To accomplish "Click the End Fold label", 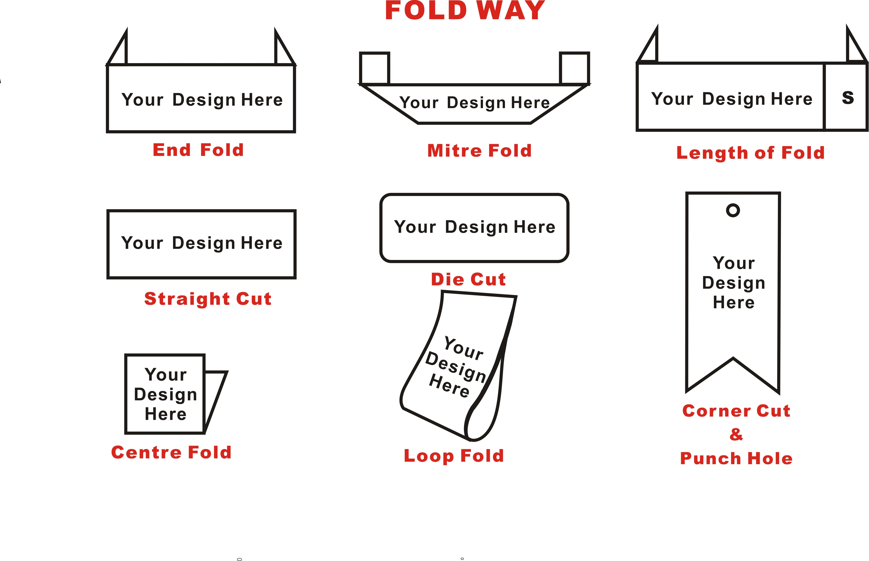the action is pyautogui.click(x=198, y=150).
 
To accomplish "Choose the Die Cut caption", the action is pyautogui.click(x=468, y=279).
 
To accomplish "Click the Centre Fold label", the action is pyautogui.click(x=171, y=452).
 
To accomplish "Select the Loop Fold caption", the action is pyautogui.click(x=454, y=456).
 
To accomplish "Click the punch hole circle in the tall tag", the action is pyautogui.click(x=733, y=210).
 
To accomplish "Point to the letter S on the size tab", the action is pyautogui.click(x=848, y=98).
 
